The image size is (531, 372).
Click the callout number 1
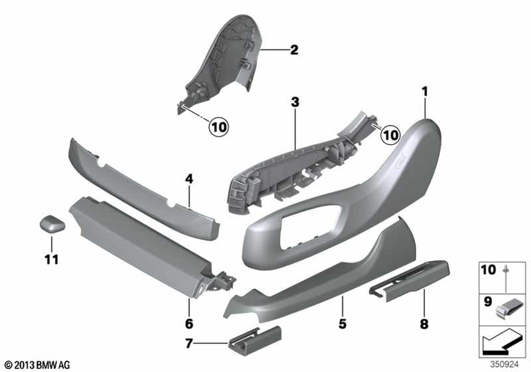tap(424, 91)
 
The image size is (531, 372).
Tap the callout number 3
tap(295, 101)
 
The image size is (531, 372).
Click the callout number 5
tap(342, 323)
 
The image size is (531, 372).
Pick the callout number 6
tap(189, 323)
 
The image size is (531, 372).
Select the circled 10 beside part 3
tap(390, 135)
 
